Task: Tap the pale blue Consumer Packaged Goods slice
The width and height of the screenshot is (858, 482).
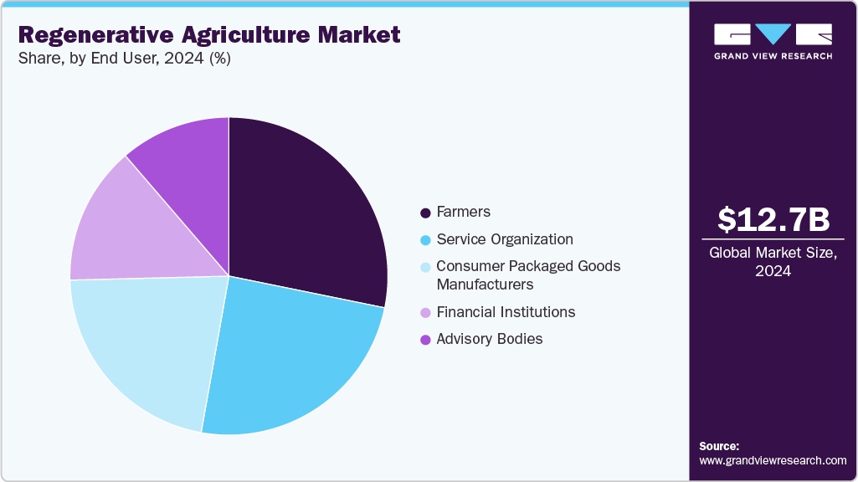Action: click(146, 343)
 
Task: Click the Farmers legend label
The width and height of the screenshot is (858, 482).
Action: click(463, 212)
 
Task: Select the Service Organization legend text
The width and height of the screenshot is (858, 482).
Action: click(504, 239)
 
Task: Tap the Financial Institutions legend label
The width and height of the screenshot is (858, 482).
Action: click(506, 312)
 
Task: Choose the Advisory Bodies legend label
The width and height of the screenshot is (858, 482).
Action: click(489, 339)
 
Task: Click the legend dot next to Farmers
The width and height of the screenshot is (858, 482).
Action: click(425, 213)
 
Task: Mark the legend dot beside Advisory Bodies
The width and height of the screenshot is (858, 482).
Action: click(425, 340)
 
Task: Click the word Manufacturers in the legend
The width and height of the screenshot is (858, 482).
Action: click(485, 285)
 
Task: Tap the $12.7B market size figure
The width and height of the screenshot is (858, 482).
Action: click(773, 219)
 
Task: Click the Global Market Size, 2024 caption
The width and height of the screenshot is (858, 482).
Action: click(773, 262)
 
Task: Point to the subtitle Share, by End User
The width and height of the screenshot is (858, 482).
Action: click(100, 59)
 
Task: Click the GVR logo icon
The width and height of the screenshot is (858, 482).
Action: click(773, 33)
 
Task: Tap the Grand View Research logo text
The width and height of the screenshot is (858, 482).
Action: click(773, 56)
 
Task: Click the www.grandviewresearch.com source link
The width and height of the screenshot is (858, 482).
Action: click(773, 461)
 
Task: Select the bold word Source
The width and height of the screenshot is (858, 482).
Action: click(719, 447)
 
